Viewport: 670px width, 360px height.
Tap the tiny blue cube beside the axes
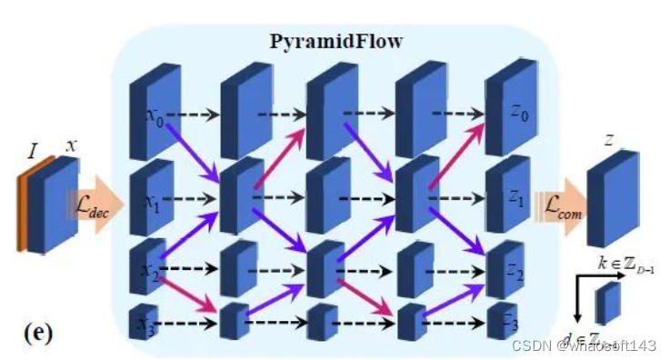[608, 303]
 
